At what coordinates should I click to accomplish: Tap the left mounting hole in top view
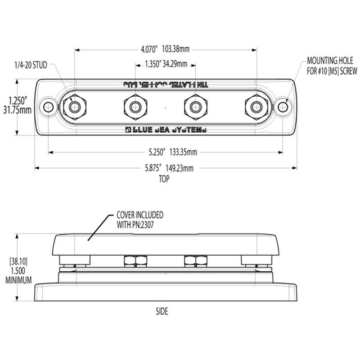click(x=48, y=107)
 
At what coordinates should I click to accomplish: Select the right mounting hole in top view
click(x=283, y=107)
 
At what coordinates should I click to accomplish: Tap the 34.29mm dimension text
click(x=175, y=64)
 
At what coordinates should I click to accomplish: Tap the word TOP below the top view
click(x=163, y=178)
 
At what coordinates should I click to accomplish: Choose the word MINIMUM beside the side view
click(x=18, y=280)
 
